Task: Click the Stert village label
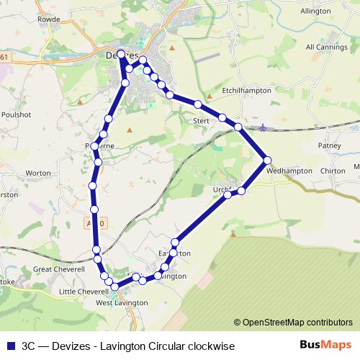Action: point(201,121)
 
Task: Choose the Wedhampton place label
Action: point(289,171)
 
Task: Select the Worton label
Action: point(38,174)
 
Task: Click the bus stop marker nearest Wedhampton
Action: point(267,160)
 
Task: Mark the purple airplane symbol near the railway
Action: point(263,127)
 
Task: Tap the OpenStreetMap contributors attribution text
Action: point(296,322)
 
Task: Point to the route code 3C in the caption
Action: point(30,346)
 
